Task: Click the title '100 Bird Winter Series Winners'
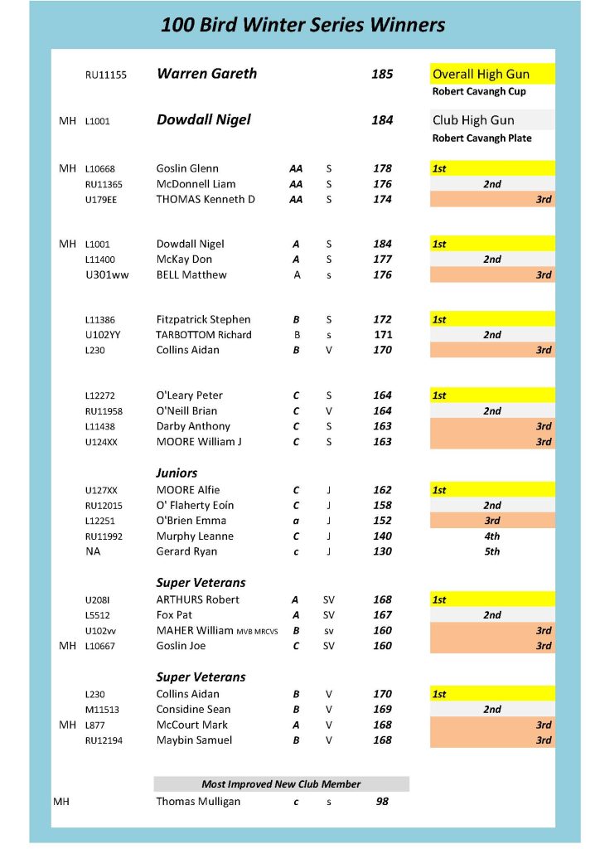coord(302,25)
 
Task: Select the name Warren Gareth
coord(206,74)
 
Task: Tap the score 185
coord(382,74)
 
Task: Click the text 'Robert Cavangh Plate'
coord(482,138)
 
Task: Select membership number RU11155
coord(106,75)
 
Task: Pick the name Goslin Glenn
coord(187,168)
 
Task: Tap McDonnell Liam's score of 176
coord(382,184)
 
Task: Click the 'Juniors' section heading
coord(177,473)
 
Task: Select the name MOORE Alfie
coord(188,490)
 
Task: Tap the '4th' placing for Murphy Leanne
coord(492,536)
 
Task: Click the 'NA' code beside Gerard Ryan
coord(93,551)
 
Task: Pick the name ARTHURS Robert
coord(197,599)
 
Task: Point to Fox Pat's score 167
coord(382,615)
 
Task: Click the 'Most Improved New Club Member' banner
coord(281,784)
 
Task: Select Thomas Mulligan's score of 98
coord(382,802)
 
